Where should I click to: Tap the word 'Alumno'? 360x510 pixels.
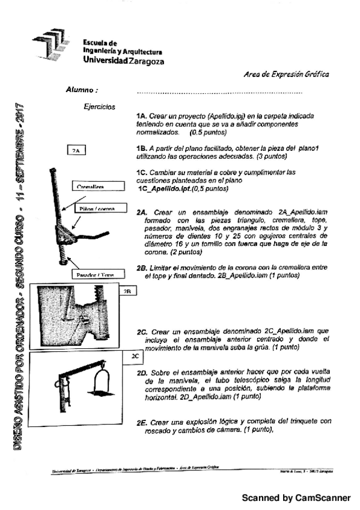[82, 90]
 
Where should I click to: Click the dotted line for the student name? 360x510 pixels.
[219, 93]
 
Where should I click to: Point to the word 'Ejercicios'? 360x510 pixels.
[100, 107]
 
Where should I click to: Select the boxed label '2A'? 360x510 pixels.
[76, 150]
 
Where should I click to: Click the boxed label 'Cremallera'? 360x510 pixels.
[91, 187]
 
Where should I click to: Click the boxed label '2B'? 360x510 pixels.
[127, 290]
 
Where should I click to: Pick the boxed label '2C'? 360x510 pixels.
[135, 356]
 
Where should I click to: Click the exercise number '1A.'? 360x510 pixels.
[142, 115]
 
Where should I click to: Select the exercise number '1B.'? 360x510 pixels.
[142, 148]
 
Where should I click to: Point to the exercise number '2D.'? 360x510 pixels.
[143, 372]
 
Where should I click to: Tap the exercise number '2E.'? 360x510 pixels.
[143, 422]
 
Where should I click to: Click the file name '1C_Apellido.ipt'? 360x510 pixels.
[166, 188]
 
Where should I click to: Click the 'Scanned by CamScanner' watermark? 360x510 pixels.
[296, 498]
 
